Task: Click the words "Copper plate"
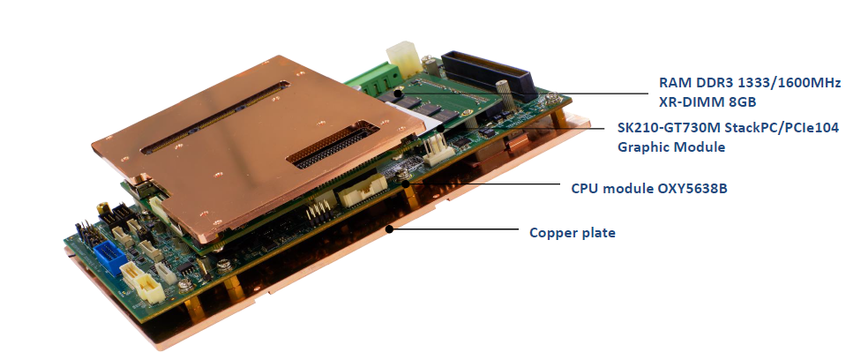573,232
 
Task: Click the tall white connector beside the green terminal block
403,59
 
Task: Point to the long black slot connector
487,75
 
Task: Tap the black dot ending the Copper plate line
389,229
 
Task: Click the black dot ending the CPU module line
406,184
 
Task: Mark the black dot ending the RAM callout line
396,87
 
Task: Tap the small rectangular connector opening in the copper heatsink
333,144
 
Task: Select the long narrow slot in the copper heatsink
214,116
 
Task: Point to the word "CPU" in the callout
585,188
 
